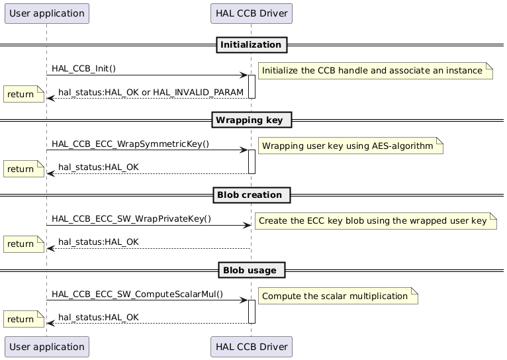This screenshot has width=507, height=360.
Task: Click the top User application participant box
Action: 46,13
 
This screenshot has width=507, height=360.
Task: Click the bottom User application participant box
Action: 46,346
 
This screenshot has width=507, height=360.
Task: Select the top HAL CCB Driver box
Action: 251,13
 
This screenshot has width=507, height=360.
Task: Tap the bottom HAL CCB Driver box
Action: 251,346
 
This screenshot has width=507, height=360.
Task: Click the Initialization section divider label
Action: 251,45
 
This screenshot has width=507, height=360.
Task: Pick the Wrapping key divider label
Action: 251,120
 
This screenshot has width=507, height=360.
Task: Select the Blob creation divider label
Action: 251,195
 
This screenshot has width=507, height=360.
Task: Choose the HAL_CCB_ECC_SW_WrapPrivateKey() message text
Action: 132,218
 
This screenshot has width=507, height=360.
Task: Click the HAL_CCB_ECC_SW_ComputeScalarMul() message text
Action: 137,293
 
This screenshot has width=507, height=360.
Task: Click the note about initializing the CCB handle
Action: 375,69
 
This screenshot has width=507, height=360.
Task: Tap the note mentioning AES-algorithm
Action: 350,144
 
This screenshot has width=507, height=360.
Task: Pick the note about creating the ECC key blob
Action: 375,219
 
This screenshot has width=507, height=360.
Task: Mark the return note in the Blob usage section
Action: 23,319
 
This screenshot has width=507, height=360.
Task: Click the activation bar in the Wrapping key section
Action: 252,161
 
